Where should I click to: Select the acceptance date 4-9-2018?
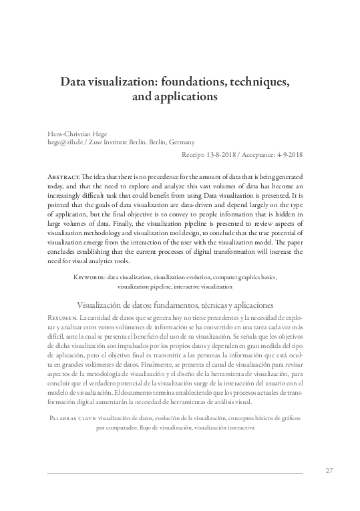pyautogui.click(x=287, y=154)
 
